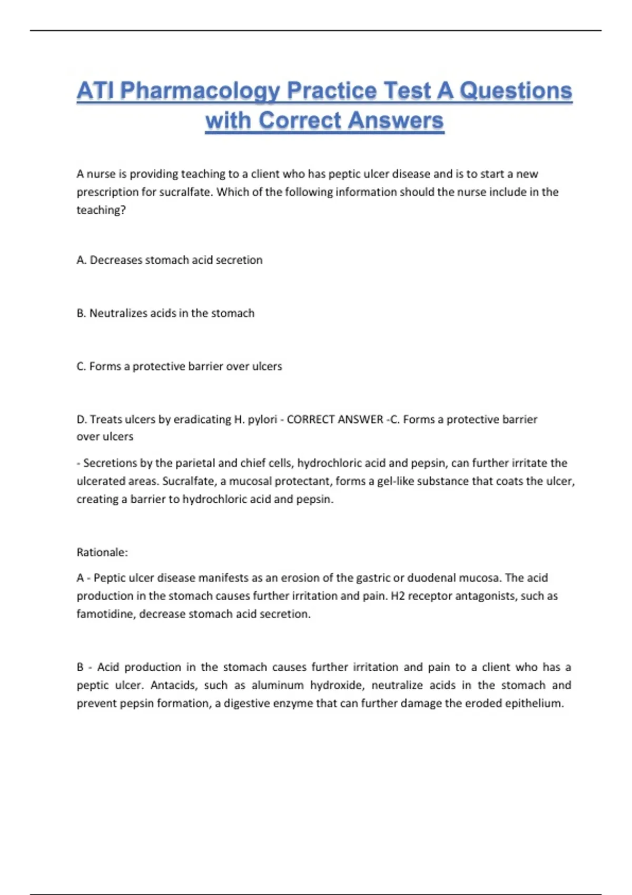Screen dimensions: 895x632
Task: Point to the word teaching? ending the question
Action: pyautogui.click(x=101, y=210)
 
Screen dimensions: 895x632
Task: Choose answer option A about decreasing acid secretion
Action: pyautogui.click(x=169, y=260)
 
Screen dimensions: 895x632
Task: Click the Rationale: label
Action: pyautogui.click(x=102, y=552)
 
